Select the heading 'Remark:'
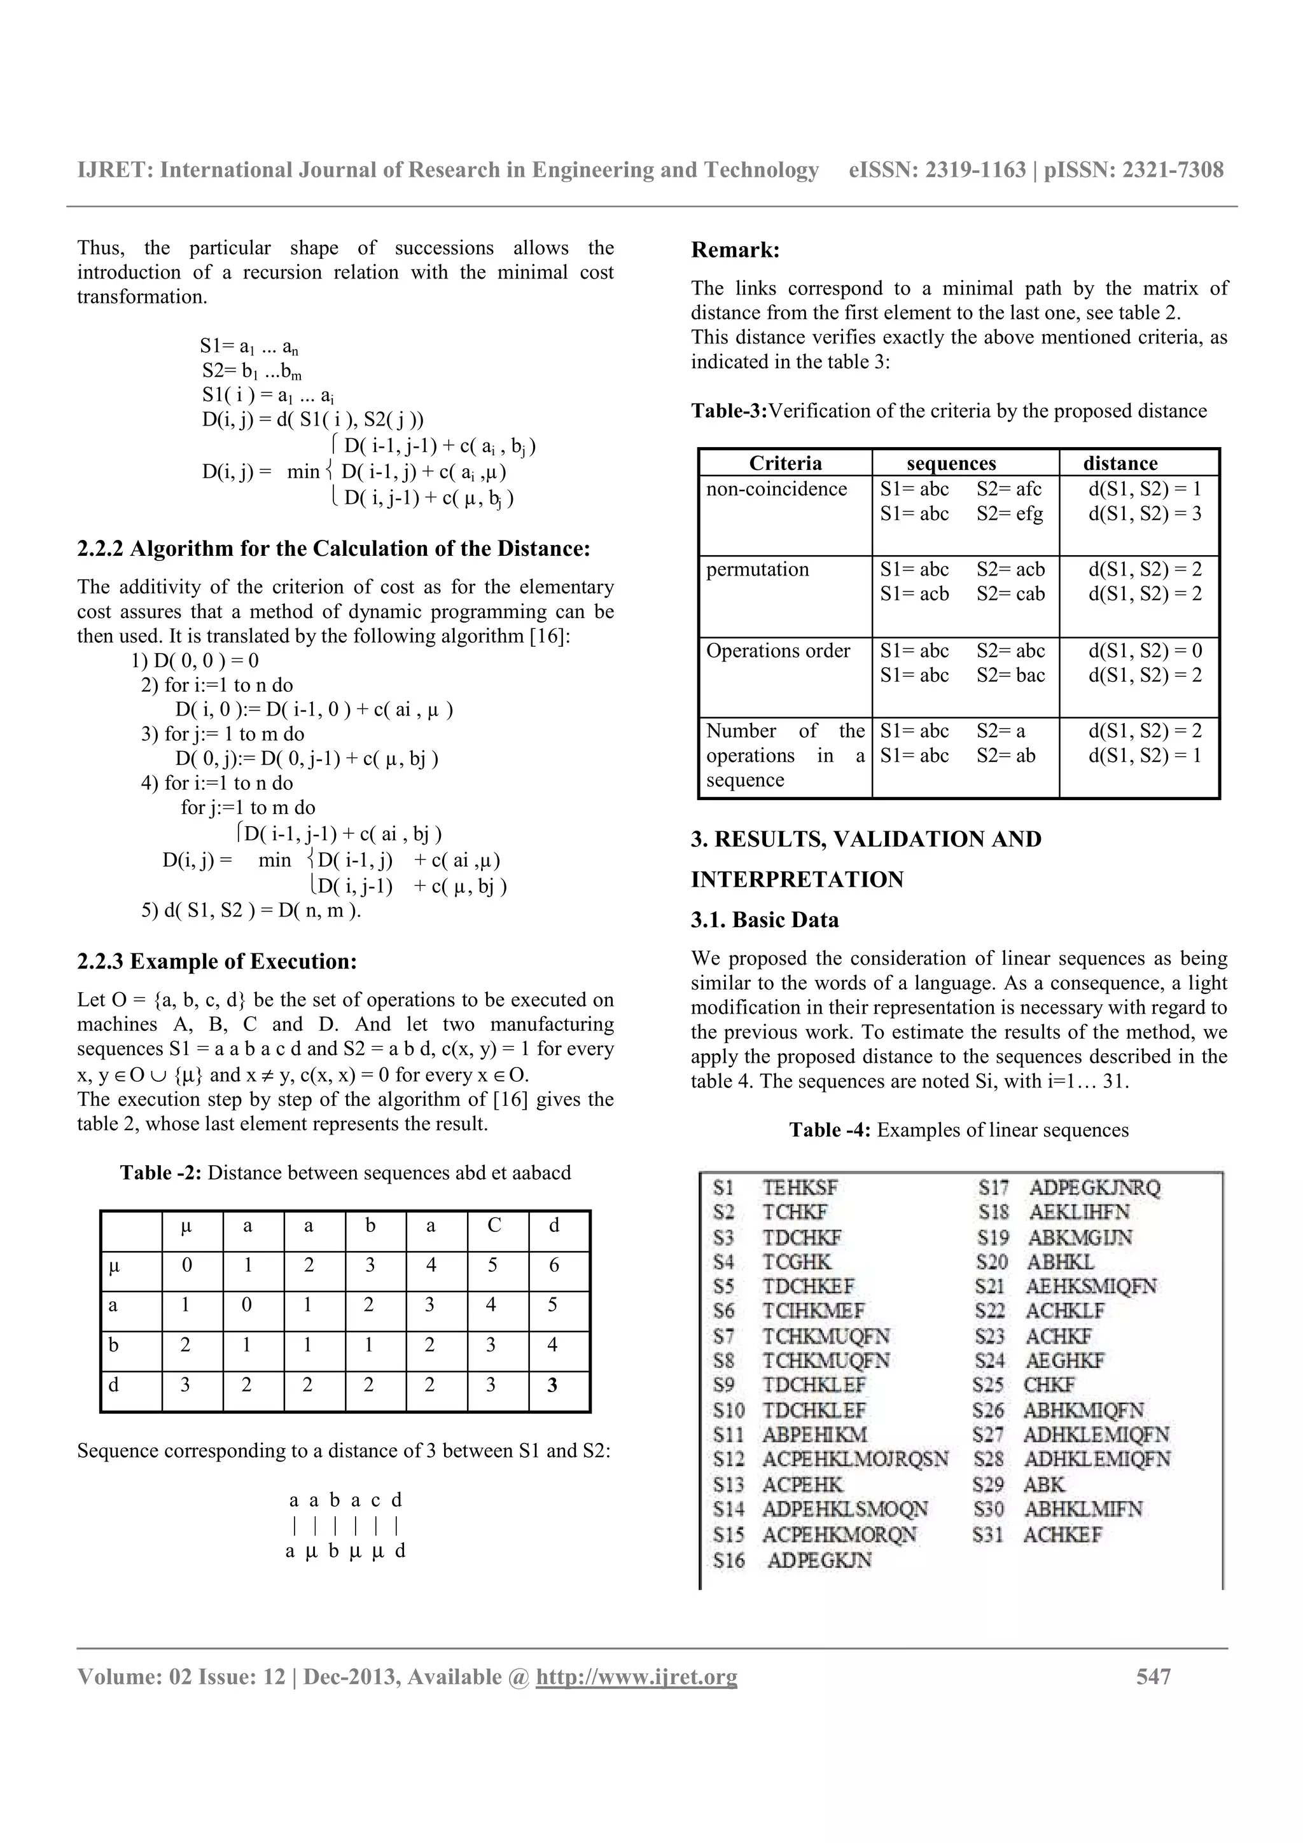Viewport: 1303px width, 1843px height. point(735,251)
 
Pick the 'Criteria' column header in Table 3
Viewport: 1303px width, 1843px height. point(785,463)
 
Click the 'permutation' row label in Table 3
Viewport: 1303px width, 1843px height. point(757,570)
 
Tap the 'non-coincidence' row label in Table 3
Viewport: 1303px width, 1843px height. point(776,489)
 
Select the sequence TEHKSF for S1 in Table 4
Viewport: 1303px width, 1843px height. point(799,1188)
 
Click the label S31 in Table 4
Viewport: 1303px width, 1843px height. point(988,1535)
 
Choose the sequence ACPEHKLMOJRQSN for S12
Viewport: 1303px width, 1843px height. point(855,1458)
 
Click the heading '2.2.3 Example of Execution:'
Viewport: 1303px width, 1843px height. point(217,962)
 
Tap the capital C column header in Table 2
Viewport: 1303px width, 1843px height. point(494,1225)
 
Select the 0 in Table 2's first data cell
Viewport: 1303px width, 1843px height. point(186,1266)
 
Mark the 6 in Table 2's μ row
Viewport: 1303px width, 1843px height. point(553,1266)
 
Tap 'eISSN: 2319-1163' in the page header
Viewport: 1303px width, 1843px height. point(937,170)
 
